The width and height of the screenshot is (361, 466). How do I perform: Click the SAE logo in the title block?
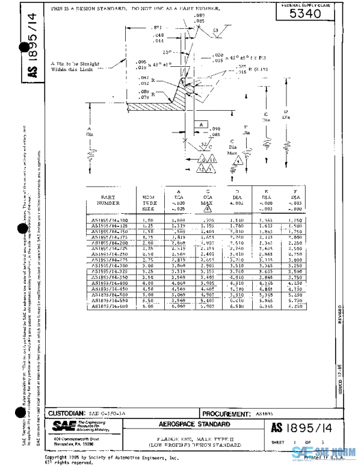click(62, 426)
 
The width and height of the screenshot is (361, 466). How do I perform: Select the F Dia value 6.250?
click(295, 306)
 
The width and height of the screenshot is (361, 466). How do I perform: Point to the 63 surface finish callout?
click(216, 30)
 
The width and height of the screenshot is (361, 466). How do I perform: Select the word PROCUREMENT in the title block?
click(225, 414)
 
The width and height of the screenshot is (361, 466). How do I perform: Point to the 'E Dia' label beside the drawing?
click(265, 116)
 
